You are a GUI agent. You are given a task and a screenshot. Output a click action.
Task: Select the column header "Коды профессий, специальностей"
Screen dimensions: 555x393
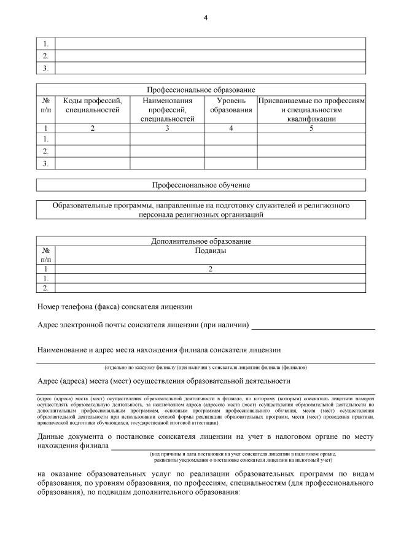(x=93, y=105)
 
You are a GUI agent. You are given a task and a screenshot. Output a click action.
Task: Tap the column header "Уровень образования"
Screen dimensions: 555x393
(x=231, y=105)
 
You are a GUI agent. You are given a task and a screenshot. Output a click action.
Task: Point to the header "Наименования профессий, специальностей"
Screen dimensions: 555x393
(x=167, y=109)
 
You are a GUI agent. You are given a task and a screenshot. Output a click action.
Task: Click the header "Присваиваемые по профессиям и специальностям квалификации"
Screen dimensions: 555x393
(x=311, y=109)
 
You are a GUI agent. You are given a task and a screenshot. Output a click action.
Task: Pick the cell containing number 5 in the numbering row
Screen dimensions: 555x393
(x=311, y=128)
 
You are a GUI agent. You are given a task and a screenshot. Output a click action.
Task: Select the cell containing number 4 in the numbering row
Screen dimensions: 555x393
(x=231, y=128)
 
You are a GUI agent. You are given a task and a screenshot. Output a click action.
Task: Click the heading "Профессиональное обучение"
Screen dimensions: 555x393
(x=201, y=185)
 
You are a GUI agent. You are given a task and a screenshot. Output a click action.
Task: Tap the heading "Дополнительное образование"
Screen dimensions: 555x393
(x=201, y=241)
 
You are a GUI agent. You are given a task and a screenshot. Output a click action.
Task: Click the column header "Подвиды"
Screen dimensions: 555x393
(x=211, y=250)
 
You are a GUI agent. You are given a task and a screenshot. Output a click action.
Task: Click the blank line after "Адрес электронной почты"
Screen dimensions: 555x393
(x=313, y=326)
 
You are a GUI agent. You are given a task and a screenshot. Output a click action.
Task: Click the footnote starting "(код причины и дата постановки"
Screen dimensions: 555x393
(x=243, y=454)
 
